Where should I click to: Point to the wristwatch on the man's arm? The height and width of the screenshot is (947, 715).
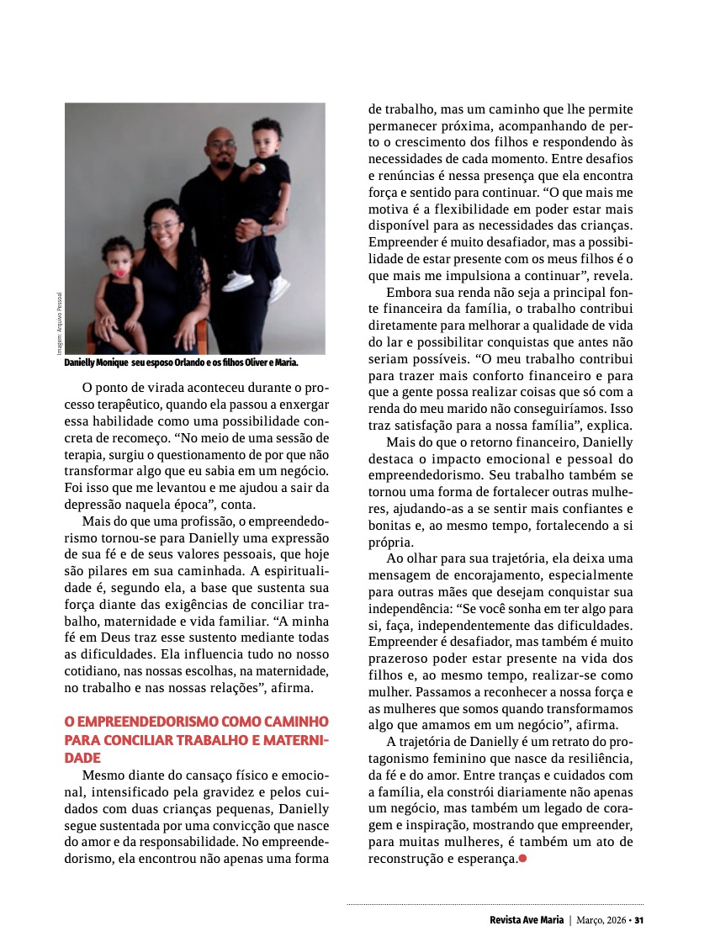(264, 229)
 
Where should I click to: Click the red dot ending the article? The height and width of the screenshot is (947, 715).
(522, 859)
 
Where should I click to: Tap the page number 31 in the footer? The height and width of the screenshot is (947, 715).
(639, 920)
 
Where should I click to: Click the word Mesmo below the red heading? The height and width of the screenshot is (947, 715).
(102, 774)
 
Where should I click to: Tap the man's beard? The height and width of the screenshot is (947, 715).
(225, 157)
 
